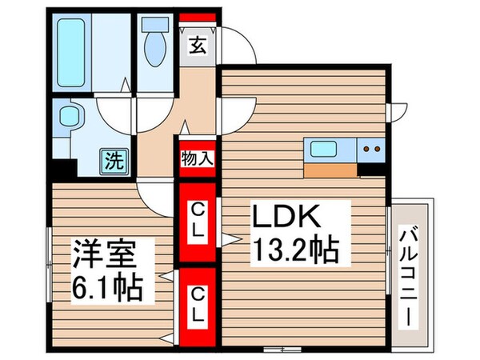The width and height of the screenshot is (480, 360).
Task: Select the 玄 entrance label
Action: click(x=196, y=45)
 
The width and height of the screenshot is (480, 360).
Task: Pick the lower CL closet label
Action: click(x=197, y=302)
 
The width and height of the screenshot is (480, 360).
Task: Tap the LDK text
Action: click(x=287, y=218)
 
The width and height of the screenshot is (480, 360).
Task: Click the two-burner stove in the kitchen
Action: click(x=369, y=148)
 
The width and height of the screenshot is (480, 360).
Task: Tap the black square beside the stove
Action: click(x=371, y=169)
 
